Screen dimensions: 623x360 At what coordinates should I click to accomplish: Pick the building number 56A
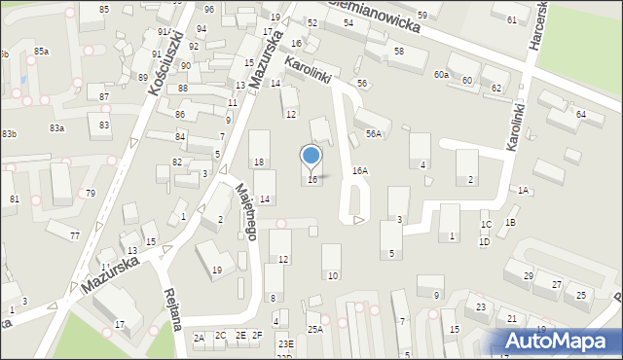point(374,133)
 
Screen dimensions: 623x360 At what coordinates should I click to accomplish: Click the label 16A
point(360,170)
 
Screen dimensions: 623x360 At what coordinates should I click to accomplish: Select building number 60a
point(442,74)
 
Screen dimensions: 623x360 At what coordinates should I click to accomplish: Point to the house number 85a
point(41,51)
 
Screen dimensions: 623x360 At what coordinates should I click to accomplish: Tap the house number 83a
point(57,127)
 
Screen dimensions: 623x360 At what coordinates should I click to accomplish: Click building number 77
point(75,235)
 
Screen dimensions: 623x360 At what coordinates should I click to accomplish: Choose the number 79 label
point(91,193)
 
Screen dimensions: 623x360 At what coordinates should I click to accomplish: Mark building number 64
point(581,114)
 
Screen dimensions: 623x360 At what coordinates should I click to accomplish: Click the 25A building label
point(314,330)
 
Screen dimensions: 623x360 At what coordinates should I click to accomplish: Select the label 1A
point(523,191)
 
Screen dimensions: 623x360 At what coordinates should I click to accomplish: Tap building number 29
point(528,276)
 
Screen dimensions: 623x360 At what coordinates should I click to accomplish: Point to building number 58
point(398,50)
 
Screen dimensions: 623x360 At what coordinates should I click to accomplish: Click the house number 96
point(209,9)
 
